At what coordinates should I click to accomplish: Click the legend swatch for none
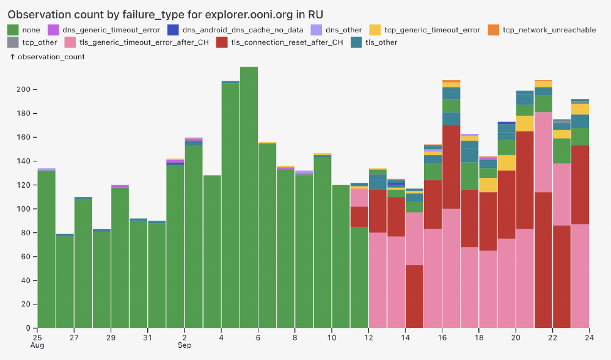[x=13, y=29]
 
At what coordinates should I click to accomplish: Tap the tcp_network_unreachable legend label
[x=549, y=29]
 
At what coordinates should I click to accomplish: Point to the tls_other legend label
[x=381, y=42]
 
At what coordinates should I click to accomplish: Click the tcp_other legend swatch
[x=13, y=42]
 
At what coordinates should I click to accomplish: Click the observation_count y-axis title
[x=47, y=56]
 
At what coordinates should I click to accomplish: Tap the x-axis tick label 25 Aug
[x=38, y=341]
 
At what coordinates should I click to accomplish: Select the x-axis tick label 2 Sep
[x=185, y=341]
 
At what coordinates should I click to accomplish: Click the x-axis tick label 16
[x=442, y=337]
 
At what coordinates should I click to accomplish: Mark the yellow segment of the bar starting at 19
[x=507, y=163]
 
